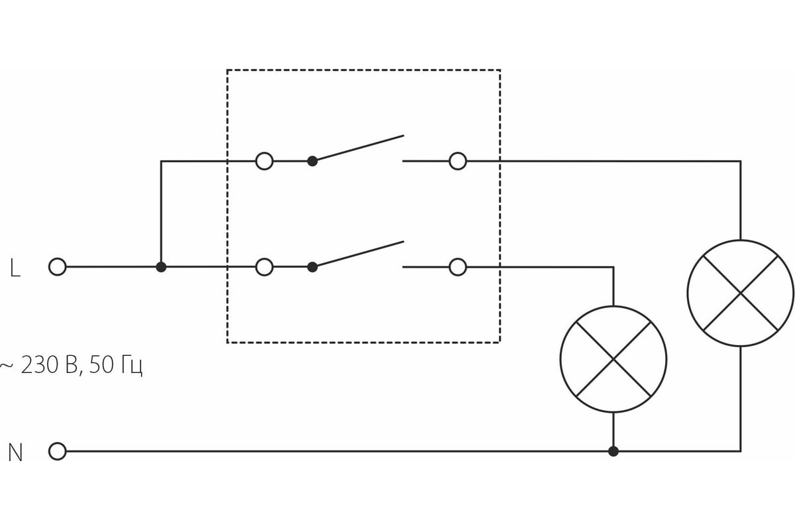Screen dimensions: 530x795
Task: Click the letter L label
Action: coord(15,268)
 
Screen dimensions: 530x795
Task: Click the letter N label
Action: coord(15,453)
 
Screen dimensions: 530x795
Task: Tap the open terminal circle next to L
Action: coord(58,267)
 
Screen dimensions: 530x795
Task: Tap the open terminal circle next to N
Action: coord(58,451)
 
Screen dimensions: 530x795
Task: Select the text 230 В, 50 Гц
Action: coord(73,365)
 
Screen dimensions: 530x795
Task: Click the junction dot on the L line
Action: coord(161,267)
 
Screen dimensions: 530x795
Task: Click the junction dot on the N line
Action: coord(613,451)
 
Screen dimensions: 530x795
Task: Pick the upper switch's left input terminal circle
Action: coord(264,161)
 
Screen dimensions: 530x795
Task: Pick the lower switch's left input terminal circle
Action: coord(264,267)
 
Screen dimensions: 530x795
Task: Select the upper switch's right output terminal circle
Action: coord(458,161)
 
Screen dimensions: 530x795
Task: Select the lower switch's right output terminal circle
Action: coord(458,267)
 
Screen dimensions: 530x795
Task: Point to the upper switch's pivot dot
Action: coord(313,161)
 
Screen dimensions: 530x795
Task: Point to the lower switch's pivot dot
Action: coord(313,267)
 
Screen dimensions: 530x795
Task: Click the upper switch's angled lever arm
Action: coord(358,148)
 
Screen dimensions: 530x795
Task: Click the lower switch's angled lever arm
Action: coord(358,254)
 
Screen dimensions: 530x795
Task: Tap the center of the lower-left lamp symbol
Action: coord(613,359)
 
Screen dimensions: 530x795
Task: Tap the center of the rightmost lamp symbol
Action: coord(740,293)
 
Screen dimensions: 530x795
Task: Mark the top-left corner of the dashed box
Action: coord(227,70)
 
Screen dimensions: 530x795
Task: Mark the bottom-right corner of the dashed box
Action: coord(500,342)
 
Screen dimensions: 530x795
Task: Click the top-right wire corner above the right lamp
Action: coord(740,161)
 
